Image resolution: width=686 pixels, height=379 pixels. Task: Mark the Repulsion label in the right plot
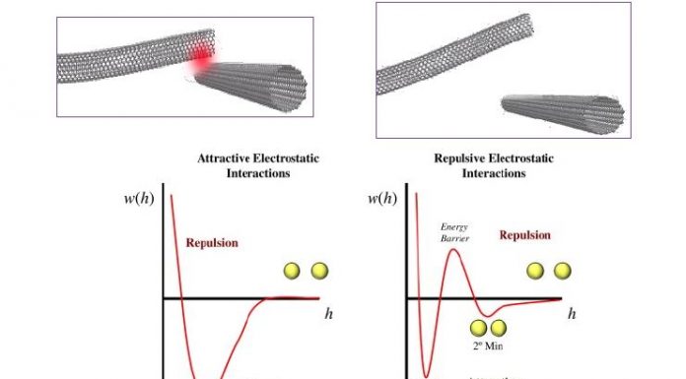pos(524,235)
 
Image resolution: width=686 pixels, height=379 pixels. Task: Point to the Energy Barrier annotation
pos(453,231)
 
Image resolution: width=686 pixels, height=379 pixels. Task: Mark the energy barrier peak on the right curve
pos(452,251)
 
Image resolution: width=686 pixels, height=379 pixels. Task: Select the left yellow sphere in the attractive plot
pos(293,271)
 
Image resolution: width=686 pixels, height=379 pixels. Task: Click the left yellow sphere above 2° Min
pos(479,328)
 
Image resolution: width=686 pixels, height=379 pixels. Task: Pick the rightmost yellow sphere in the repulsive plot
pos(562,271)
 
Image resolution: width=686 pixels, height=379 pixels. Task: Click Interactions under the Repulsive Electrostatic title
pos(494,173)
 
